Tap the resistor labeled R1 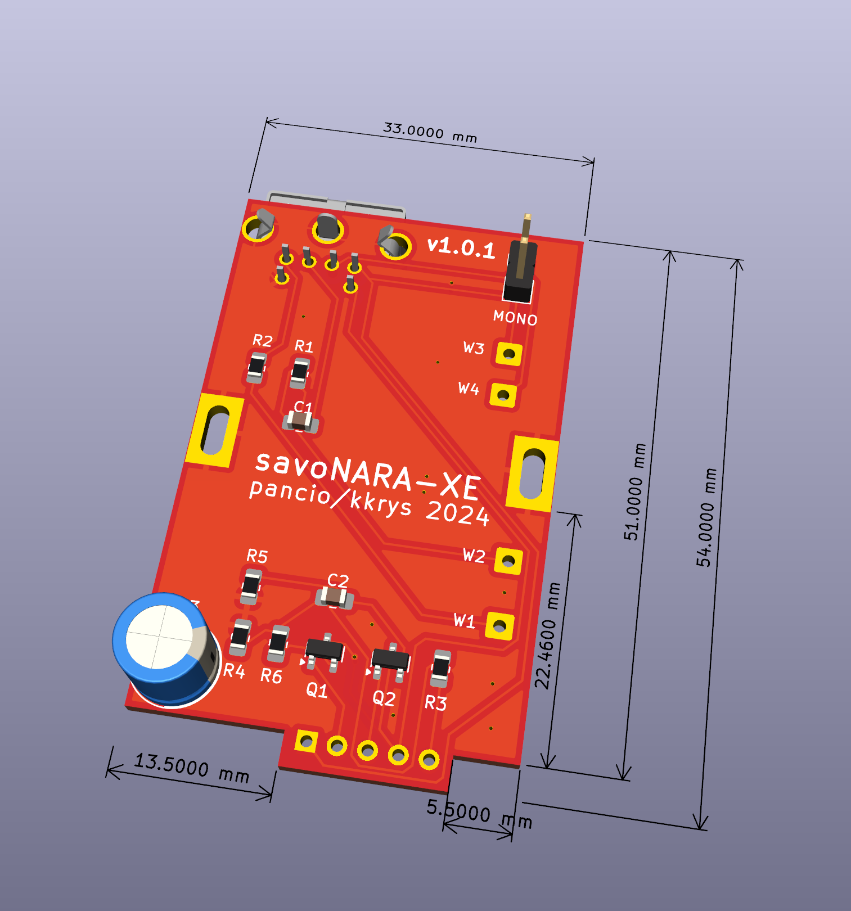(x=299, y=372)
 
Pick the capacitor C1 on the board (x=300, y=421)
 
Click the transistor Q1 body (x=324, y=650)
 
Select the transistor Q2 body (x=390, y=659)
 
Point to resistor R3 (x=440, y=668)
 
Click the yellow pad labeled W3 (x=509, y=354)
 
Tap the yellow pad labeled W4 (x=503, y=395)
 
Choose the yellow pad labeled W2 (x=508, y=561)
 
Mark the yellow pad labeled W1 (x=499, y=625)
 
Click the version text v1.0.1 (x=461, y=247)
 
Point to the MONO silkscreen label (x=515, y=318)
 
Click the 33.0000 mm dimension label (x=430, y=133)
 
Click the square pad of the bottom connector (x=307, y=742)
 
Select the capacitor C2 (x=335, y=597)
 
